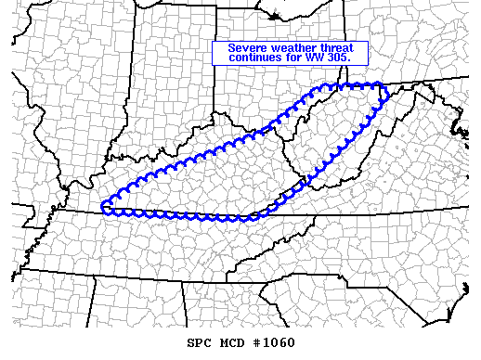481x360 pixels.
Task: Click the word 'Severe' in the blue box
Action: click(246, 48)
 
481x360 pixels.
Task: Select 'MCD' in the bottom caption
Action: click(236, 343)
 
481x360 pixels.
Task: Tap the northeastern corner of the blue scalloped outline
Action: click(382, 86)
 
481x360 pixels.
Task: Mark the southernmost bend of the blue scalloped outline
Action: click(243, 221)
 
